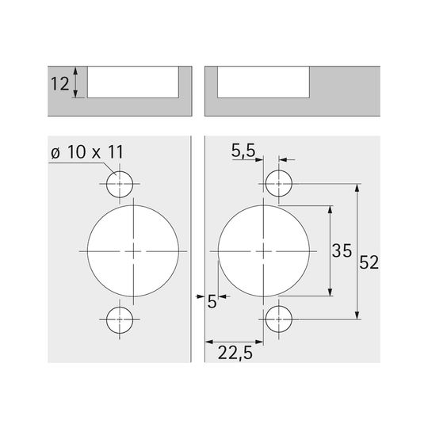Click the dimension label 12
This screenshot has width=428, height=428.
(x=60, y=84)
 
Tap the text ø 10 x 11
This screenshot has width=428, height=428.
(x=87, y=151)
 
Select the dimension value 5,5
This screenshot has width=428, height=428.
(x=243, y=151)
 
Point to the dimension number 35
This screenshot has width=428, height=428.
(x=342, y=250)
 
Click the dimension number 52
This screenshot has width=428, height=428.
(x=369, y=262)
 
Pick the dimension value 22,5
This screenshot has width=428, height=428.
(x=235, y=353)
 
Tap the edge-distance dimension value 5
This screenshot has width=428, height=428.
(x=212, y=302)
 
